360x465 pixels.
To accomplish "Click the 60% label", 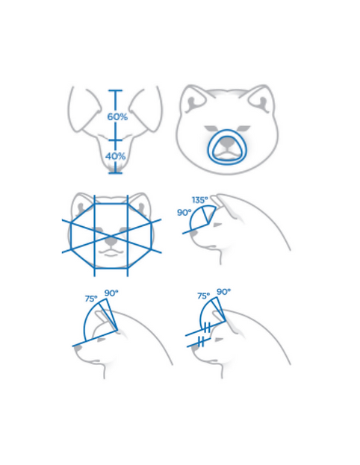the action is pos(117,117).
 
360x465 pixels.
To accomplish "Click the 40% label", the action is pos(115,156).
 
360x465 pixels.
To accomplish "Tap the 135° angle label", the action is pos(199,200).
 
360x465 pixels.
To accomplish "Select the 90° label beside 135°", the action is pos(184,212).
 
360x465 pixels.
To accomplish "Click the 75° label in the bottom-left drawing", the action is pos(91,299).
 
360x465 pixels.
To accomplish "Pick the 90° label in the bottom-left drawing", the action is pos(111,293).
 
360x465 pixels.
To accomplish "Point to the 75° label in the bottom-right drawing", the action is pos(204,296).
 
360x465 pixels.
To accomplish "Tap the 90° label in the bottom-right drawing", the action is pos(224,292).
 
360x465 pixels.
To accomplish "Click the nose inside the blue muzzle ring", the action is pos(228,144).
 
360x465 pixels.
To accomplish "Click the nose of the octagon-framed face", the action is pos(111,243).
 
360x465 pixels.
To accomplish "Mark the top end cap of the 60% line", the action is pos(116,90).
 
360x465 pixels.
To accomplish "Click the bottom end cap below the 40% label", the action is pos(116,172).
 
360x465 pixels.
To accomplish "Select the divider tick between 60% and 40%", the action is pos(116,140).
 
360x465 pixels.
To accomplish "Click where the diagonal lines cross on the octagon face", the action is pos(111,235).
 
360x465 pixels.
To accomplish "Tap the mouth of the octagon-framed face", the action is pos(111,253).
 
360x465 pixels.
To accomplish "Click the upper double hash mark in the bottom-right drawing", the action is pos(208,328).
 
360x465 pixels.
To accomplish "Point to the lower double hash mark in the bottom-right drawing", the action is pos(201,341).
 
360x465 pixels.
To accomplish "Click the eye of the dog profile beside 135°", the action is pos(217,225).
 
